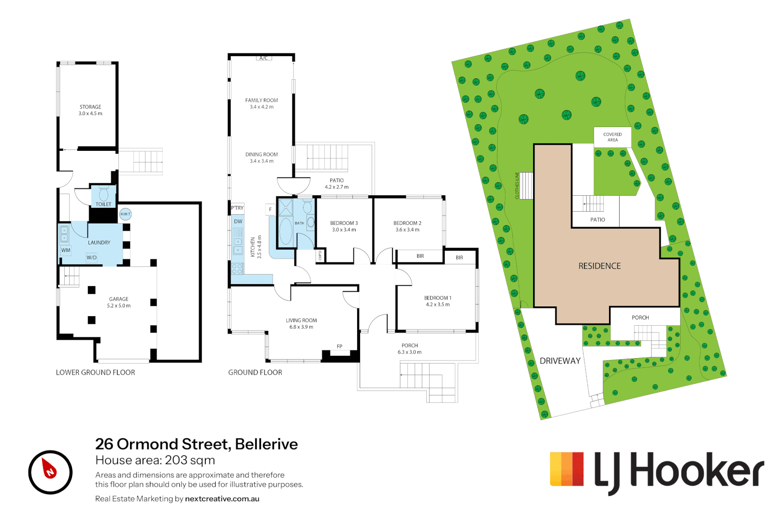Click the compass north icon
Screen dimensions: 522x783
(50, 472)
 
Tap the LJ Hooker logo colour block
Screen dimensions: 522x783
(567, 469)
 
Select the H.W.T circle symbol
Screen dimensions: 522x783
(125, 214)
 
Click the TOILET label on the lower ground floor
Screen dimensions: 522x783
(103, 204)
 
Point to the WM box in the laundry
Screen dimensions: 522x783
(66, 250)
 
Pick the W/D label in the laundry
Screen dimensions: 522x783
(92, 258)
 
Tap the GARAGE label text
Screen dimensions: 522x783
(119, 299)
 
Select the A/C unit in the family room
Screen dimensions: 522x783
(263, 58)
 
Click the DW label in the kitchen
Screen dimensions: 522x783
(238, 221)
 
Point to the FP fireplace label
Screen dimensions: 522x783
(340, 346)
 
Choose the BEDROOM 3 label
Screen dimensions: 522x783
(344, 223)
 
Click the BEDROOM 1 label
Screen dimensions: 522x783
(437, 298)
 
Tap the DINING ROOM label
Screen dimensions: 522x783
(261, 155)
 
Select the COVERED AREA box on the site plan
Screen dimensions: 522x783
(612, 137)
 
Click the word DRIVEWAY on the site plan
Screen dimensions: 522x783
(560, 361)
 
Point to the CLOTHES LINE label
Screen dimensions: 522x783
(517, 186)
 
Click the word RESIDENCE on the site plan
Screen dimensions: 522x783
(599, 266)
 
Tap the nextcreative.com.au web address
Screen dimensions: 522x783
(222, 499)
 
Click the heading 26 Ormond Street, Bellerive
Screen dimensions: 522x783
(196, 444)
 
